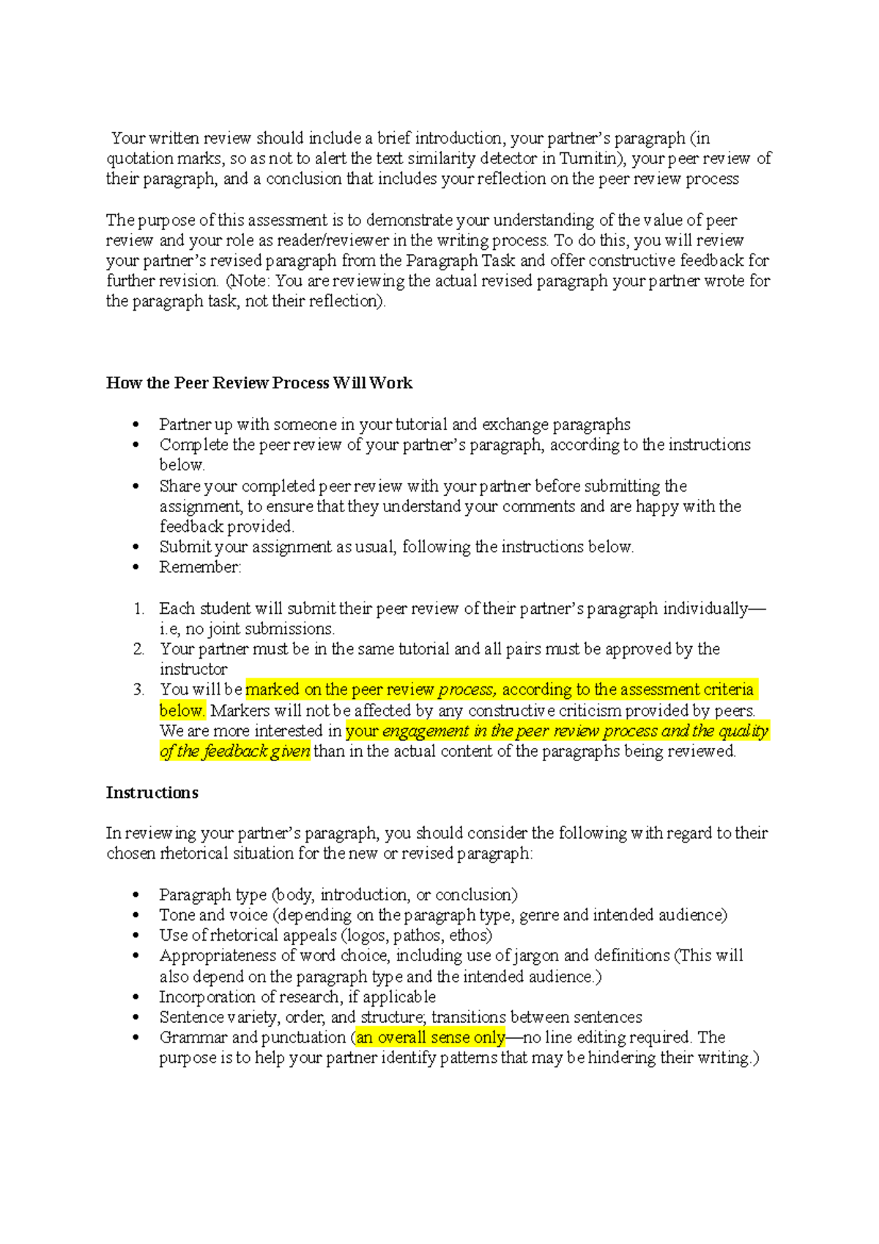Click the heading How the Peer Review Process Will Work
coord(259,383)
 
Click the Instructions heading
coord(152,793)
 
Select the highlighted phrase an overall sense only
coord(431,1037)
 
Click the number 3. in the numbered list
coord(138,689)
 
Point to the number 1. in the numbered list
coord(138,609)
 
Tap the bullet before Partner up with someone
coord(136,425)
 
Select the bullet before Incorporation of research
coord(136,998)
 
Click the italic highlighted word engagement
coord(426,731)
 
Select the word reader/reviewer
coord(340,240)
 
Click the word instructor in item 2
coord(193,670)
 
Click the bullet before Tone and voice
coord(136,916)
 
